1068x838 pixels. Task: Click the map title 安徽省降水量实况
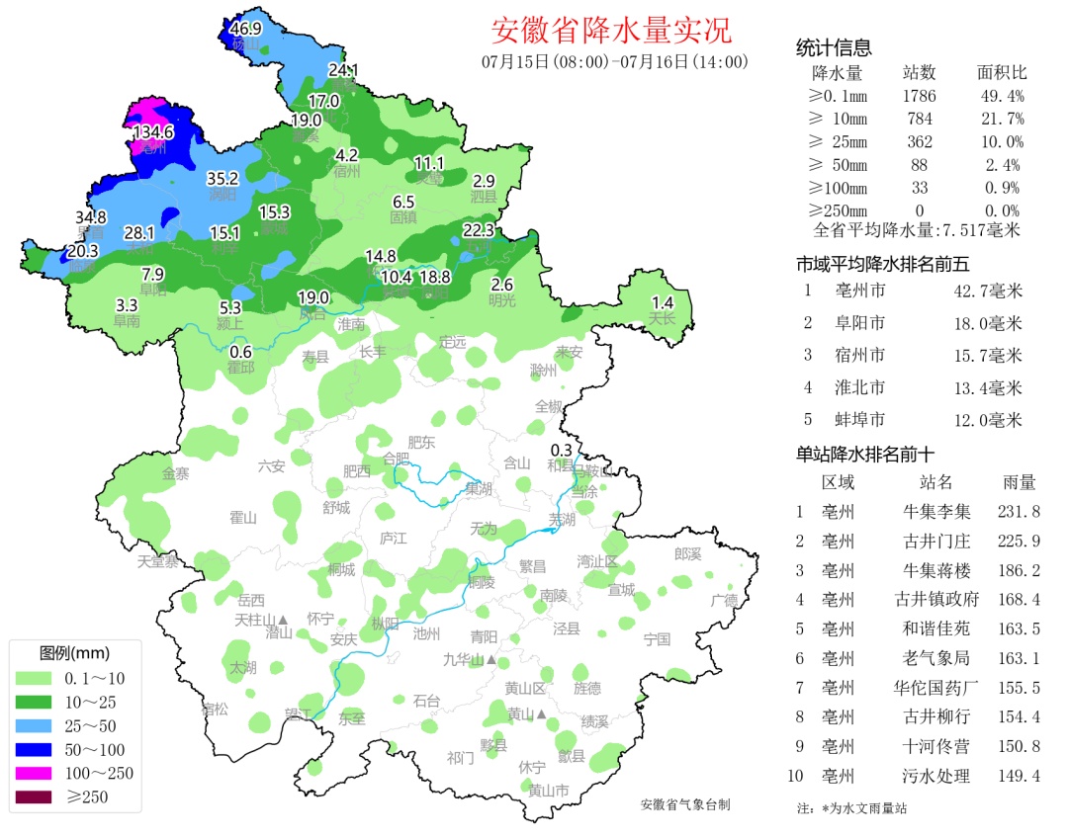[x=612, y=30]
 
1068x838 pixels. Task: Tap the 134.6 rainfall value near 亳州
[x=153, y=131]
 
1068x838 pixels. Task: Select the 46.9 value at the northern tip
[x=245, y=29]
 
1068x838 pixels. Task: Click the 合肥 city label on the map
[x=395, y=459]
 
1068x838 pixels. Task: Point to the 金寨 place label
[x=176, y=473]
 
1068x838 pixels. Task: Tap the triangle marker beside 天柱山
[x=283, y=620]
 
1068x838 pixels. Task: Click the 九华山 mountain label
[x=463, y=659]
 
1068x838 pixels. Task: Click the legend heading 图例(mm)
[x=74, y=654]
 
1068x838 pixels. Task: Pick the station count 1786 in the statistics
[x=919, y=96]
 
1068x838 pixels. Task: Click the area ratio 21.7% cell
[x=1001, y=119]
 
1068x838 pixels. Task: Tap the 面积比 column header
[x=1001, y=73]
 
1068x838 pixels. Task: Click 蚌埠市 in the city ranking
[x=857, y=420]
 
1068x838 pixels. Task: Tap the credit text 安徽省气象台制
[x=684, y=805]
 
